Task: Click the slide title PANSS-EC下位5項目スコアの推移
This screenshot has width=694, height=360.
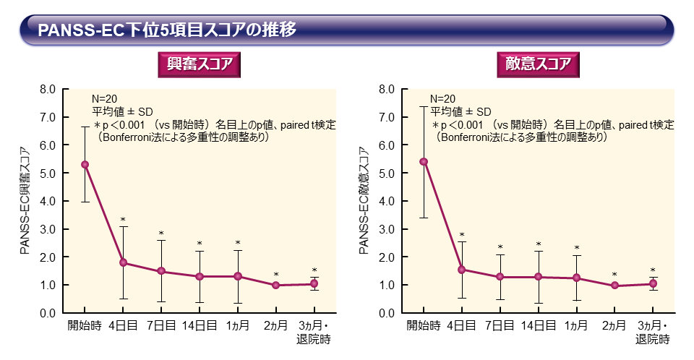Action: click(166, 30)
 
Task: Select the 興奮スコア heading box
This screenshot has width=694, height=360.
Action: click(199, 64)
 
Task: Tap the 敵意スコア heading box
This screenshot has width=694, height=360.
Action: click(538, 64)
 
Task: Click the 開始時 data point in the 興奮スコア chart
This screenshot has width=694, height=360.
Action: click(85, 164)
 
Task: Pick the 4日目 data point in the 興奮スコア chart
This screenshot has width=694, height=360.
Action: click(123, 262)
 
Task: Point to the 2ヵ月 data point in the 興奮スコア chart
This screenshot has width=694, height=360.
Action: click(276, 286)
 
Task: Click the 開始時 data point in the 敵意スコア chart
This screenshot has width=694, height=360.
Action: click(424, 161)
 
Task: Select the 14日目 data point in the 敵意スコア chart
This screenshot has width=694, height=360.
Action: click(538, 277)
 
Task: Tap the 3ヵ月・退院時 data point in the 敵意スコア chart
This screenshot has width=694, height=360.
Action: click(653, 284)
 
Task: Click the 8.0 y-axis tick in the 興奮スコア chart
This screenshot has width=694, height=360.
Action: click(47, 90)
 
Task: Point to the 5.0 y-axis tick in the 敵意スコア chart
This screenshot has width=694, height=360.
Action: click(386, 173)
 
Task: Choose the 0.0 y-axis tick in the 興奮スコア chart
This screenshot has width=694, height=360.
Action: click(47, 313)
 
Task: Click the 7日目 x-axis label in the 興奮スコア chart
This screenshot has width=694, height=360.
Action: click(161, 326)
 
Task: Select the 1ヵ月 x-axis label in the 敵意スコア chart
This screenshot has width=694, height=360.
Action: click(576, 326)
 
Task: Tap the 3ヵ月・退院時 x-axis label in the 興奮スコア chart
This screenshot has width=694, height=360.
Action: click(314, 333)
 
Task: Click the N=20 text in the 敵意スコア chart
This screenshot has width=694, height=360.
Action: click(442, 99)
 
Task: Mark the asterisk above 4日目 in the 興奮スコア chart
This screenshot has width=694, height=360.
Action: click(123, 220)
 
